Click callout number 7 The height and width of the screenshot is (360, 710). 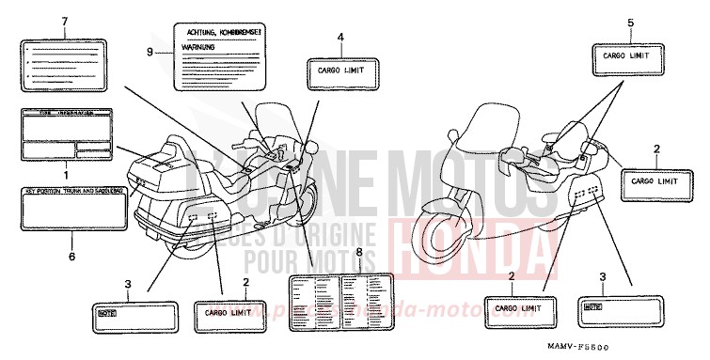pyautogui.click(x=64, y=21)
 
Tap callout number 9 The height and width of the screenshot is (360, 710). pyautogui.click(x=150, y=51)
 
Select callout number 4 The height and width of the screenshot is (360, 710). pyautogui.click(x=341, y=37)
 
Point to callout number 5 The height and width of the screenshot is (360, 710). pyautogui.click(x=631, y=22)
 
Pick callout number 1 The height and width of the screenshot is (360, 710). pyautogui.click(x=66, y=176)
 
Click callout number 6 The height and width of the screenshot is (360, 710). pyautogui.click(x=71, y=255)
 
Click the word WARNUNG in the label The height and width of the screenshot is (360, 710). pyautogui.click(x=197, y=46)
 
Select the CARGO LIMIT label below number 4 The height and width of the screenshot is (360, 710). pyautogui.click(x=341, y=70)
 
